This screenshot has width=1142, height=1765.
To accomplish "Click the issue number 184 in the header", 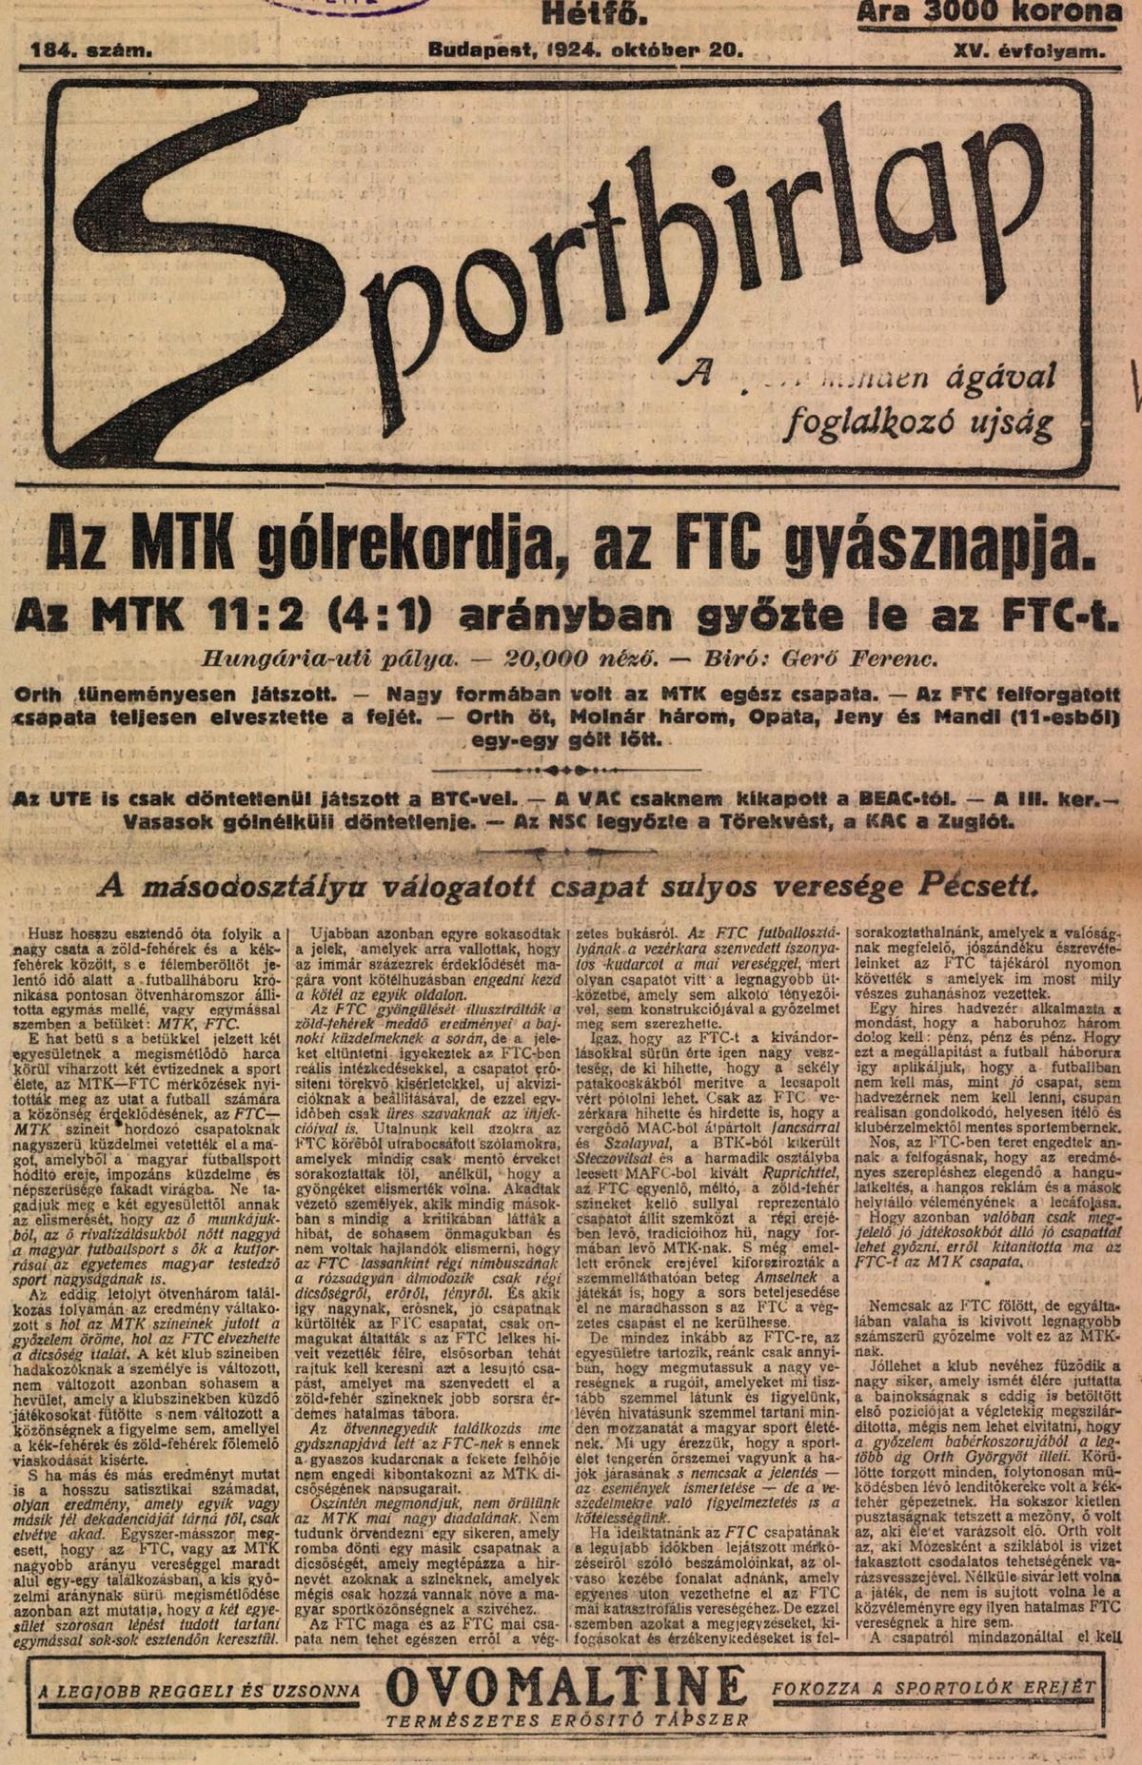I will coord(53,50).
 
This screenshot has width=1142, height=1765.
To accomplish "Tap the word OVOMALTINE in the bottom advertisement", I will coord(566,1688).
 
